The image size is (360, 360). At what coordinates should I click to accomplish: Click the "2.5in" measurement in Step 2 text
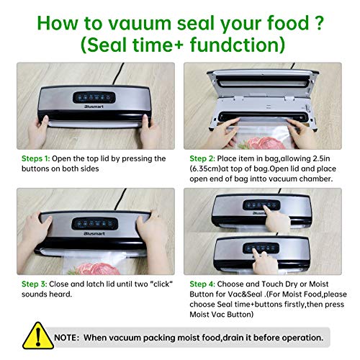tap(331, 158)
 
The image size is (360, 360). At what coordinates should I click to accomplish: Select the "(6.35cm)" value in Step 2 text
tap(207, 169)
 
